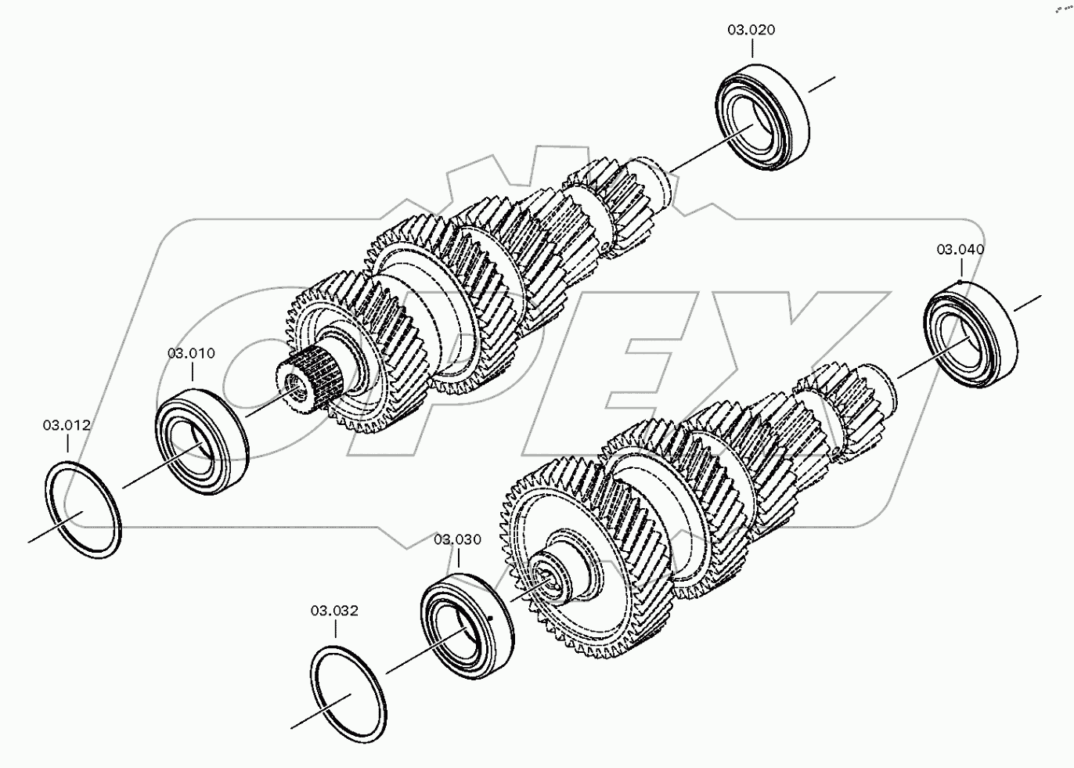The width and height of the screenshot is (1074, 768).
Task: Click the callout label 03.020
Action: tap(751, 31)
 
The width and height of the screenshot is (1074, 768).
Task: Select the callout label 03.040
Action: tap(960, 250)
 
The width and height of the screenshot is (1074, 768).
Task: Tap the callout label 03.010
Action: tap(191, 353)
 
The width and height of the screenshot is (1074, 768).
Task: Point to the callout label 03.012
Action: tap(67, 425)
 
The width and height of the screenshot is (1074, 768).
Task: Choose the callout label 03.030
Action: tap(458, 539)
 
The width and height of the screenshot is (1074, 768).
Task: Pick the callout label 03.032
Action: tap(335, 610)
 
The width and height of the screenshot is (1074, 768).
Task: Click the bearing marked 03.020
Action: tap(762, 120)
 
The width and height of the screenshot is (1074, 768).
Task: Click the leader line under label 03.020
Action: tap(751, 49)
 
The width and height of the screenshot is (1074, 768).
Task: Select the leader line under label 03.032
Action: tap(335, 628)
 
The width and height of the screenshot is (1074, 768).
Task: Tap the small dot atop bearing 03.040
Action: tap(960, 282)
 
